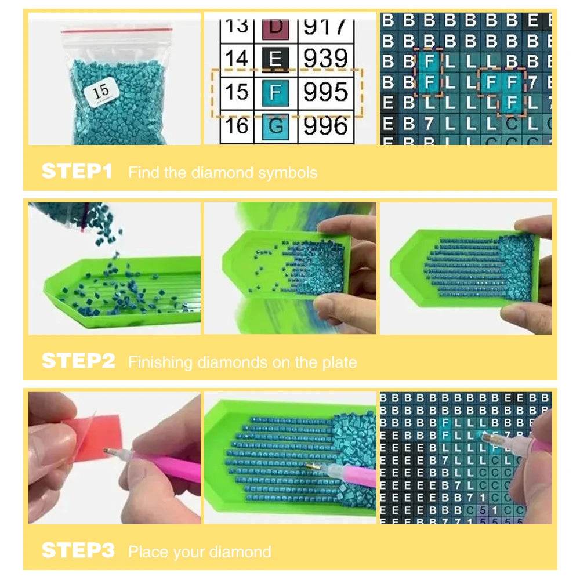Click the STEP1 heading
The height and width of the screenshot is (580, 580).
click(77, 171)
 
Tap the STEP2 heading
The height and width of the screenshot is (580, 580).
click(78, 361)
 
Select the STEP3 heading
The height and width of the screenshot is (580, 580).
click(78, 550)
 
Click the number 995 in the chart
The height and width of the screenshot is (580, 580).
click(326, 92)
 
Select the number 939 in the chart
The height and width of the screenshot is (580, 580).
click(326, 59)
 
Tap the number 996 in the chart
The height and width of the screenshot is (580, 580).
click(326, 125)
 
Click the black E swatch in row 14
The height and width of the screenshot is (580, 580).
click(275, 59)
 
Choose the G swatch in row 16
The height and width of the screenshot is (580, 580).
click(275, 125)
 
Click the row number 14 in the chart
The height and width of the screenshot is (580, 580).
click(237, 59)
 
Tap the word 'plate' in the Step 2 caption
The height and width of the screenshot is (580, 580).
click(339, 362)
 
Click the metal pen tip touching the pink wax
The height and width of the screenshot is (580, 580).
click(109, 451)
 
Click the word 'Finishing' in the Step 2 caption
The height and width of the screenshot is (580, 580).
click(160, 362)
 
